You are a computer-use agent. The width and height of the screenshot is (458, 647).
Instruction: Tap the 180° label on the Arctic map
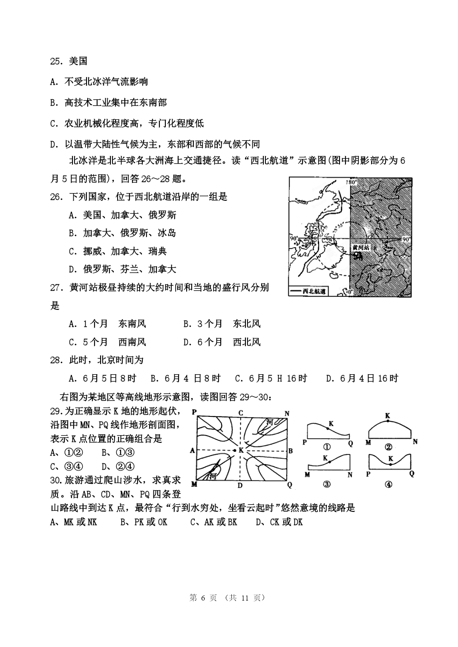352,182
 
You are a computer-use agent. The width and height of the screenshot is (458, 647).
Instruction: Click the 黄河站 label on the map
360,247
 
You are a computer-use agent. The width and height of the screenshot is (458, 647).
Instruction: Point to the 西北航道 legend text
314,292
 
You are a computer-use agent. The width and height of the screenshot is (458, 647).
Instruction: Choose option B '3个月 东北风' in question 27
222,324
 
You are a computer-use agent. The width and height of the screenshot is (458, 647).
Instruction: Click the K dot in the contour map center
234,450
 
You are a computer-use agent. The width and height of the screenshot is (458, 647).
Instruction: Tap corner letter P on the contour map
194,412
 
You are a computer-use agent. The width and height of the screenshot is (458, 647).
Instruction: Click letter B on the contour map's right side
291,451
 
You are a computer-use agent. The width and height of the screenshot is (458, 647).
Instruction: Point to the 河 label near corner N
269,422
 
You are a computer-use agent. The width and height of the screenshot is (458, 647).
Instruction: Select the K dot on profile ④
390,465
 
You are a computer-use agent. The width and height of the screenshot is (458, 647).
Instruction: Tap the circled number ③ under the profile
327,484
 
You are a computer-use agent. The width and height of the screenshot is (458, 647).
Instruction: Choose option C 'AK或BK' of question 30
213,522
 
